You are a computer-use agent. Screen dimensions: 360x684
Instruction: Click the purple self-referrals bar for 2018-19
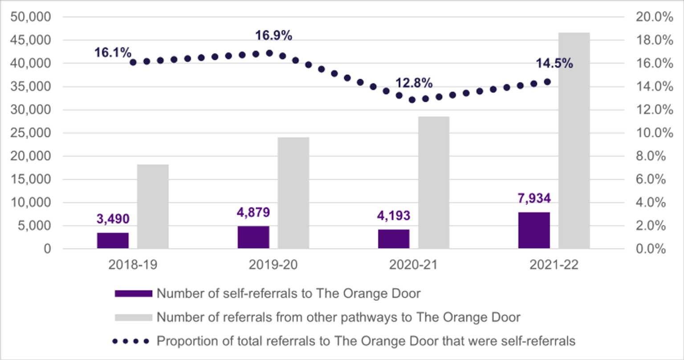(x=113, y=241)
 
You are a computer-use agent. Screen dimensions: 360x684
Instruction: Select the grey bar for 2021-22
(x=574, y=140)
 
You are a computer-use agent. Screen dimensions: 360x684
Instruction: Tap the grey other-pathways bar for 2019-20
(x=293, y=192)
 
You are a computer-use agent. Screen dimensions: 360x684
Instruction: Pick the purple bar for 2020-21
(x=394, y=239)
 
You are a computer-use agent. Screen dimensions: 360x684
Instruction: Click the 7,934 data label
(x=534, y=198)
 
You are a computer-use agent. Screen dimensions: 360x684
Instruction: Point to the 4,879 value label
(x=253, y=212)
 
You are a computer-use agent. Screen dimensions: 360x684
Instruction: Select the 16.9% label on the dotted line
(x=273, y=36)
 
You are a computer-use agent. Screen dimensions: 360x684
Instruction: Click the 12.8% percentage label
(x=414, y=83)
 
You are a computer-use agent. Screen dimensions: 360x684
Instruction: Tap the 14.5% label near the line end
(x=554, y=64)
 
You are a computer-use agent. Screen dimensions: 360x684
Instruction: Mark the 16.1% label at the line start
(x=113, y=53)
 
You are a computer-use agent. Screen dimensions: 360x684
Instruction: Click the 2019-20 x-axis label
(x=273, y=265)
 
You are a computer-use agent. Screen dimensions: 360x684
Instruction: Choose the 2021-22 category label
(x=554, y=265)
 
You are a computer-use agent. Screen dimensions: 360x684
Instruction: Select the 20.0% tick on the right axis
(x=654, y=17)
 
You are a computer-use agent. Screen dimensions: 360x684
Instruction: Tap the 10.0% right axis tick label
(x=654, y=133)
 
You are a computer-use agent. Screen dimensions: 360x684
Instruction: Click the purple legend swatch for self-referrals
(x=133, y=294)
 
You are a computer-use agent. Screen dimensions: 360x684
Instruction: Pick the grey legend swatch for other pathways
(x=133, y=317)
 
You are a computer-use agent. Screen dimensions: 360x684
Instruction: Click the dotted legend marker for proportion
(x=130, y=341)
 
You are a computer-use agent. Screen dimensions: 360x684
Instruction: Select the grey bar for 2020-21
(x=434, y=183)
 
